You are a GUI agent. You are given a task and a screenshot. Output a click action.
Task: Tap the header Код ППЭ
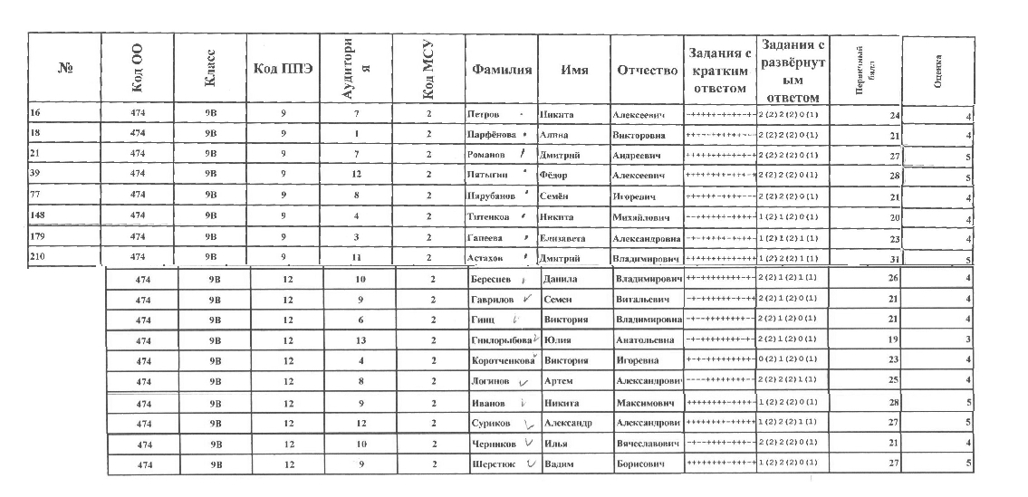click(283, 71)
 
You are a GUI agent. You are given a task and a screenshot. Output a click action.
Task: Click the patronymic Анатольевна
click(647, 340)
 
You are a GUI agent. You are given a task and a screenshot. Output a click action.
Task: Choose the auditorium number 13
click(359, 340)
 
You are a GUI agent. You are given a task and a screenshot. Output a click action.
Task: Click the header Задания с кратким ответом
click(719, 71)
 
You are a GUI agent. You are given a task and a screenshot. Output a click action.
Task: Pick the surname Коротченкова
click(501, 360)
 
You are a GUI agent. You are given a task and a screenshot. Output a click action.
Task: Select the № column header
click(64, 71)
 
